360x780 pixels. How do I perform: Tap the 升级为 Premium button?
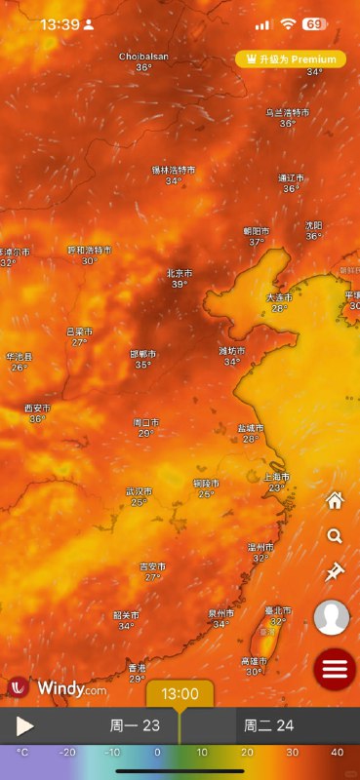pyautogui.click(x=291, y=59)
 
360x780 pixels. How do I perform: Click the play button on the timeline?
pyautogui.click(x=25, y=725)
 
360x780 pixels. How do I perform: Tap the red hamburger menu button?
pyautogui.click(x=335, y=670)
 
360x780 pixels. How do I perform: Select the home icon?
pyautogui.click(x=335, y=501)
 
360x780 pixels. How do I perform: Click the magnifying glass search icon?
pyautogui.click(x=335, y=536)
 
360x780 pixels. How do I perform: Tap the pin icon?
pyautogui.click(x=335, y=572)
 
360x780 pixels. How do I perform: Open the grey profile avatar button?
pyautogui.click(x=332, y=618)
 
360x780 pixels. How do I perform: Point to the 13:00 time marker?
pyautogui.click(x=180, y=694)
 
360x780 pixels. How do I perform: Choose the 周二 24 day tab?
pyautogui.click(x=268, y=725)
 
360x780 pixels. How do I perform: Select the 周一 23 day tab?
pyautogui.click(x=135, y=725)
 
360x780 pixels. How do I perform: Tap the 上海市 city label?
pyautogui.click(x=276, y=477)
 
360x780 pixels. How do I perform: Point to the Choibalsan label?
pyautogui.click(x=143, y=57)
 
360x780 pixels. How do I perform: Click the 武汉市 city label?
pyautogui.click(x=139, y=491)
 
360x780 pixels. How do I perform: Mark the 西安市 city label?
pyautogui.click(x=37, y=408)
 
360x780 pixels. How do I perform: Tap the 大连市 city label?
pyautogui.click(x=279, y=297)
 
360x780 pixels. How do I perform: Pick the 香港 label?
pyautogui.click(x=137, y=668)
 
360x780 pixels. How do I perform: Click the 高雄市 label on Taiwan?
pyautogui.click(x=256, y=661)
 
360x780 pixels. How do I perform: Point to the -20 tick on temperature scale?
pyautogui.click(x=66, y=753)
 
